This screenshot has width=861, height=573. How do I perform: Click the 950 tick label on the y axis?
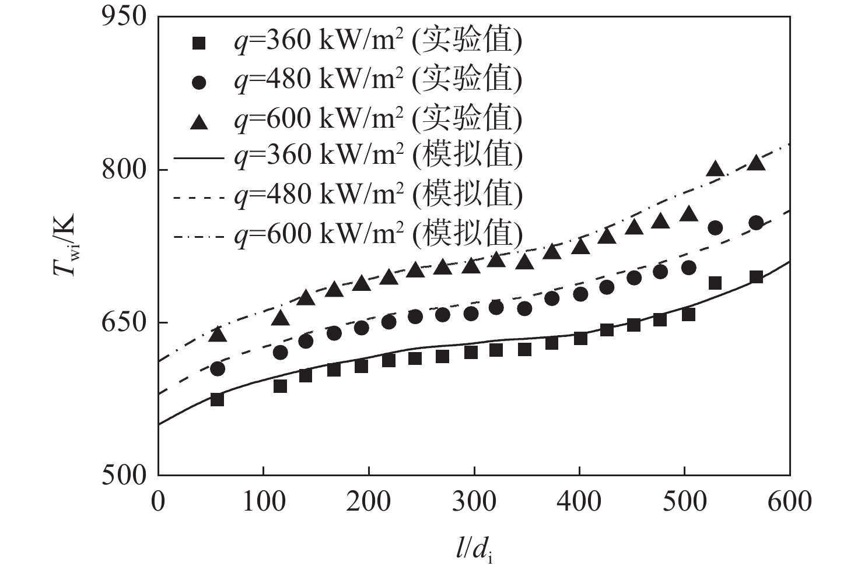click(x=124, y=16)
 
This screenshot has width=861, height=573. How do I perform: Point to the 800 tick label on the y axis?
click(x=124, y=170)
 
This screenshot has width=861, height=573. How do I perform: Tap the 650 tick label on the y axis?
click(x=124, y=322)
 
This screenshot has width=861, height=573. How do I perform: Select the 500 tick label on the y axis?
click(x=124, y=475)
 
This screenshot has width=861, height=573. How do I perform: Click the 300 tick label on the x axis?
click(x=474, y=501)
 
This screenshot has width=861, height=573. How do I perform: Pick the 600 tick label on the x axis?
click(x=789, y=501)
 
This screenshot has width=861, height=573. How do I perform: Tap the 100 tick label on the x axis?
click(x=264, y=501)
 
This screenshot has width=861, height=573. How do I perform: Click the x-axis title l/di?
click(x=474, y=550)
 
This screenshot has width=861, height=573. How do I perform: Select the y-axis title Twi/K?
click(x=66, y=245)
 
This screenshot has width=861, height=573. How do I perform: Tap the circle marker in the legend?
click(x=199, y=82)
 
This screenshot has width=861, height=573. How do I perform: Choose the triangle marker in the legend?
click(x=199, y=121)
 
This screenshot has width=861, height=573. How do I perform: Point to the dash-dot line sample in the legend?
click(x=199, y=236)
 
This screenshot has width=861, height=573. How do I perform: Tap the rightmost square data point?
click(x=756, y=277)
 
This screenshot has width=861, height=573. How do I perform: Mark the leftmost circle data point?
click(x=217, y=368)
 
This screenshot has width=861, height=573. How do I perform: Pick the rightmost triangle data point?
click(x=756, y=163)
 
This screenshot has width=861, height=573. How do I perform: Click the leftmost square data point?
click(x=217, y=399)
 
